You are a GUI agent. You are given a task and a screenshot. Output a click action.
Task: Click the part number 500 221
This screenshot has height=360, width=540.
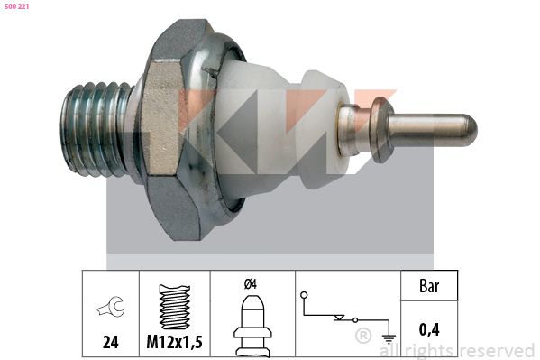[x=16, y=6]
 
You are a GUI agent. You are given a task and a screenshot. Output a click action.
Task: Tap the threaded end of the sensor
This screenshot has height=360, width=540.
[x=97, y=129]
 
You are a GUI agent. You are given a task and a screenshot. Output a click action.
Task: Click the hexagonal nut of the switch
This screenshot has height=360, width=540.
[x=172, y=129]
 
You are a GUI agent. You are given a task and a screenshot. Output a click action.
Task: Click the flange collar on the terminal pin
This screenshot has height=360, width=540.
[x=381, y=130]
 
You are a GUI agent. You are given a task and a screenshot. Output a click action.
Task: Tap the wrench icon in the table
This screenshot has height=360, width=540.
[x=111, y=307]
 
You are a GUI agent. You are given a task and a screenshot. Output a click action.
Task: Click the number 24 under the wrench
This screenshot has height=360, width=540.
[x=111, y=342]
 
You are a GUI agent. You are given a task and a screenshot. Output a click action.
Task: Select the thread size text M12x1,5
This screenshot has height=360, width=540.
[x=174, y=342]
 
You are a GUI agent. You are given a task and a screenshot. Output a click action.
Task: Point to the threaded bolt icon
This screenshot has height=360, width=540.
[x=175, y=307]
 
